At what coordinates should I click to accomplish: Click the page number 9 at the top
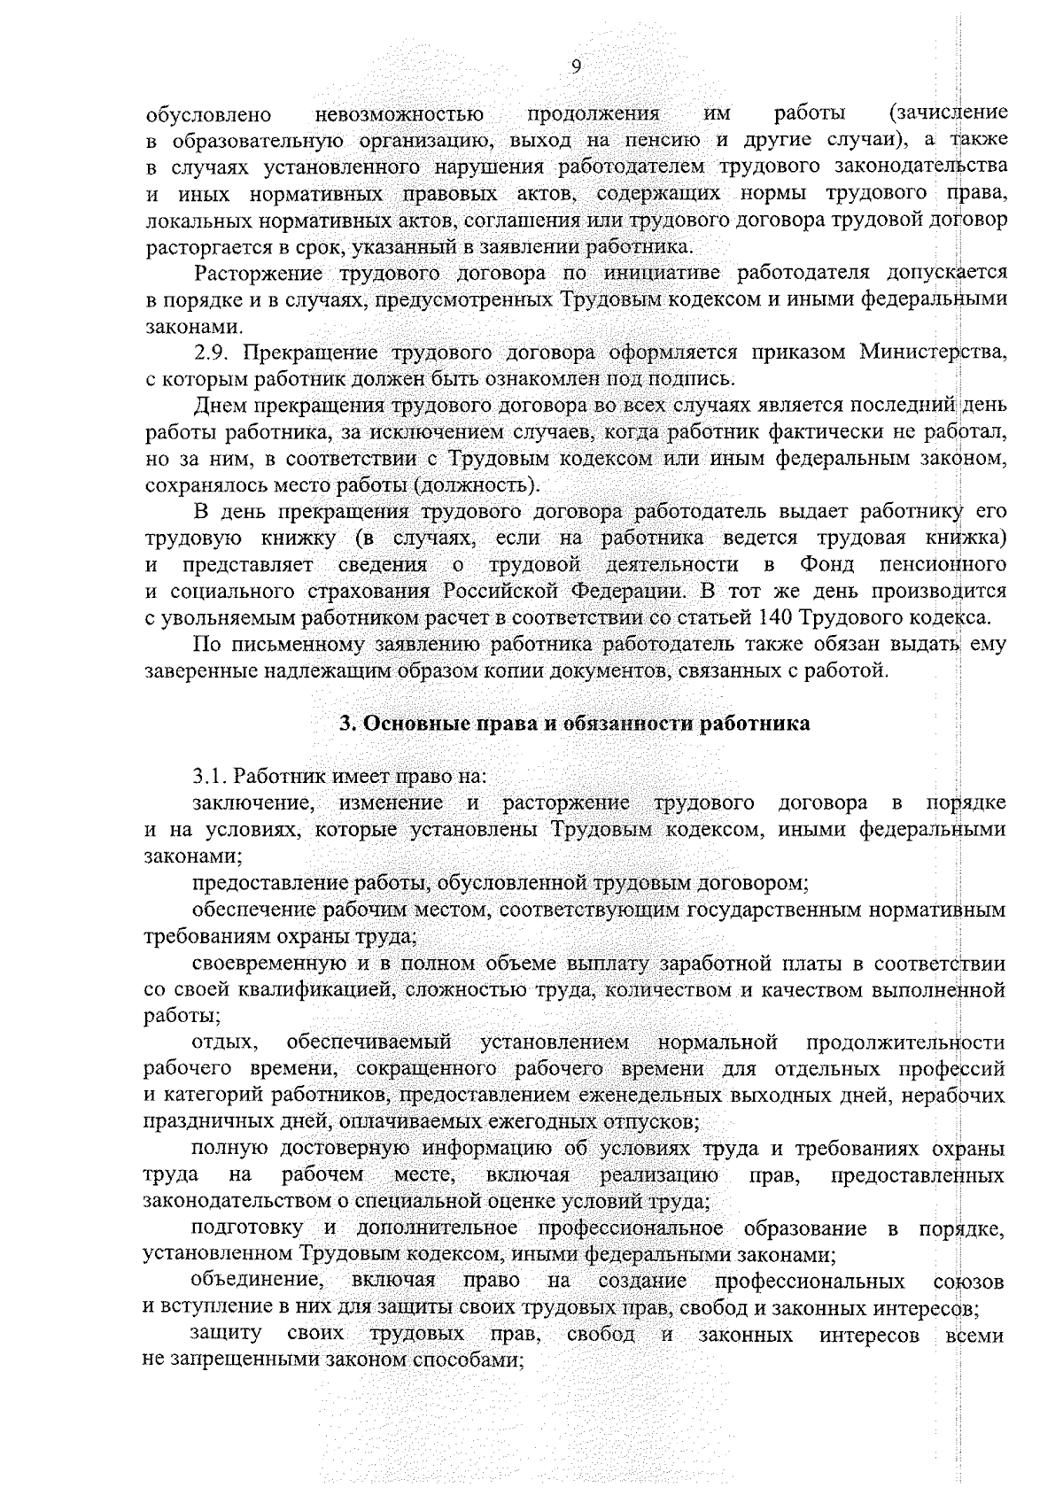(576, 68)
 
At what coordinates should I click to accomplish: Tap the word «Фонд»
(826, 564)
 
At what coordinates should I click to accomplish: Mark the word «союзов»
(969, 1282)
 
